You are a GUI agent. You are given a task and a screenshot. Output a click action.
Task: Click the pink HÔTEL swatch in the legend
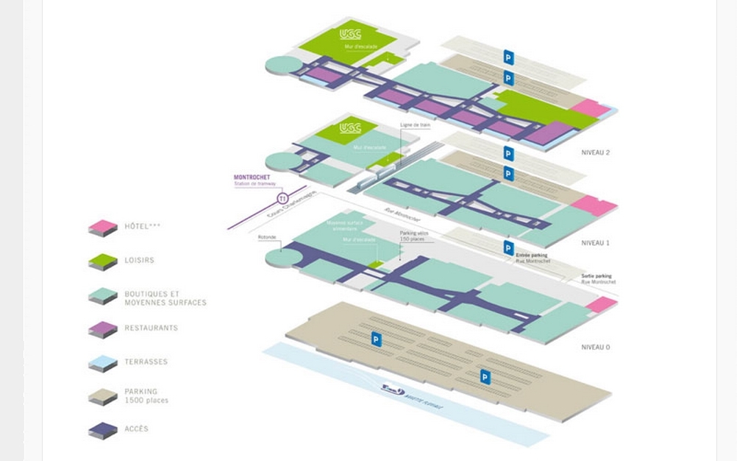click(103, 228)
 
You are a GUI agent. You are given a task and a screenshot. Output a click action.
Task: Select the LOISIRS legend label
click(139, 260)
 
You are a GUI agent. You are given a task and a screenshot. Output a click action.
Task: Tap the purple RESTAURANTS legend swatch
click(103, 329)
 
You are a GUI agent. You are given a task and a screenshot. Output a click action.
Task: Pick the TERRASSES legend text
click(146, 362)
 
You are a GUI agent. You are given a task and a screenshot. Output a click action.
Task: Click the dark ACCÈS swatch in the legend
click(103, 430)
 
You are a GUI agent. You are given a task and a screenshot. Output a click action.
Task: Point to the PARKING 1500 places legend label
click(146, 396)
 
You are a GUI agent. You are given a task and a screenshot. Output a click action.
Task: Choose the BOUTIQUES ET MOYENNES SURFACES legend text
click(165, 298)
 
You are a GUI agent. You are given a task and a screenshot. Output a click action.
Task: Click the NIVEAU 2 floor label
click(596, 153)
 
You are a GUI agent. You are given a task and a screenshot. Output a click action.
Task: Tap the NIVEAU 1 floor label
click(596, 242)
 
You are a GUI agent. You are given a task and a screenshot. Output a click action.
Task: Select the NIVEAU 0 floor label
click(596, 347)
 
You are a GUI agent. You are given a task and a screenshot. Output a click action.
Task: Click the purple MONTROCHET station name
click(252, 177)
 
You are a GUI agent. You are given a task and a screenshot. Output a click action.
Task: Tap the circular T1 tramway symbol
click(282, 199)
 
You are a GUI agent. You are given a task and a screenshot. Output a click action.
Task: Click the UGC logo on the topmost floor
click(350, 34)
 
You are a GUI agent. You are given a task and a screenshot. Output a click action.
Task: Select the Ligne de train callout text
click(415, 125)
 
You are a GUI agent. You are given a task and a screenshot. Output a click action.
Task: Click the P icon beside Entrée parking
click(508, 247)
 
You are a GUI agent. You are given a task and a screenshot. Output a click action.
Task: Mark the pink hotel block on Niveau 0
click(602, 304)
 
